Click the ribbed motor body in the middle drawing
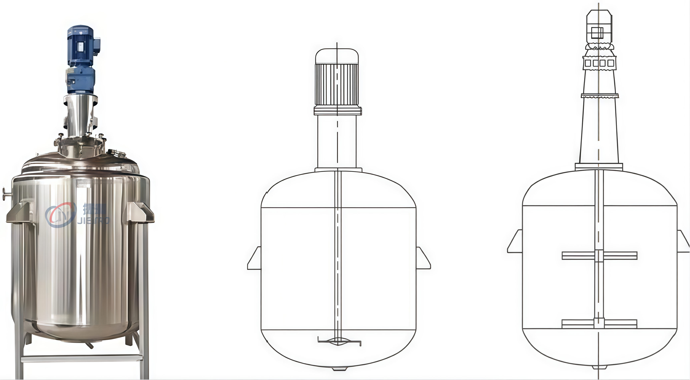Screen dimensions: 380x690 coord(337,84)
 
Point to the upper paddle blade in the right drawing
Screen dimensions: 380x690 coord(599,256)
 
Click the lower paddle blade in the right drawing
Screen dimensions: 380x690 coord(599,324)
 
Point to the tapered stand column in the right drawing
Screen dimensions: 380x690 coord(599,129)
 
